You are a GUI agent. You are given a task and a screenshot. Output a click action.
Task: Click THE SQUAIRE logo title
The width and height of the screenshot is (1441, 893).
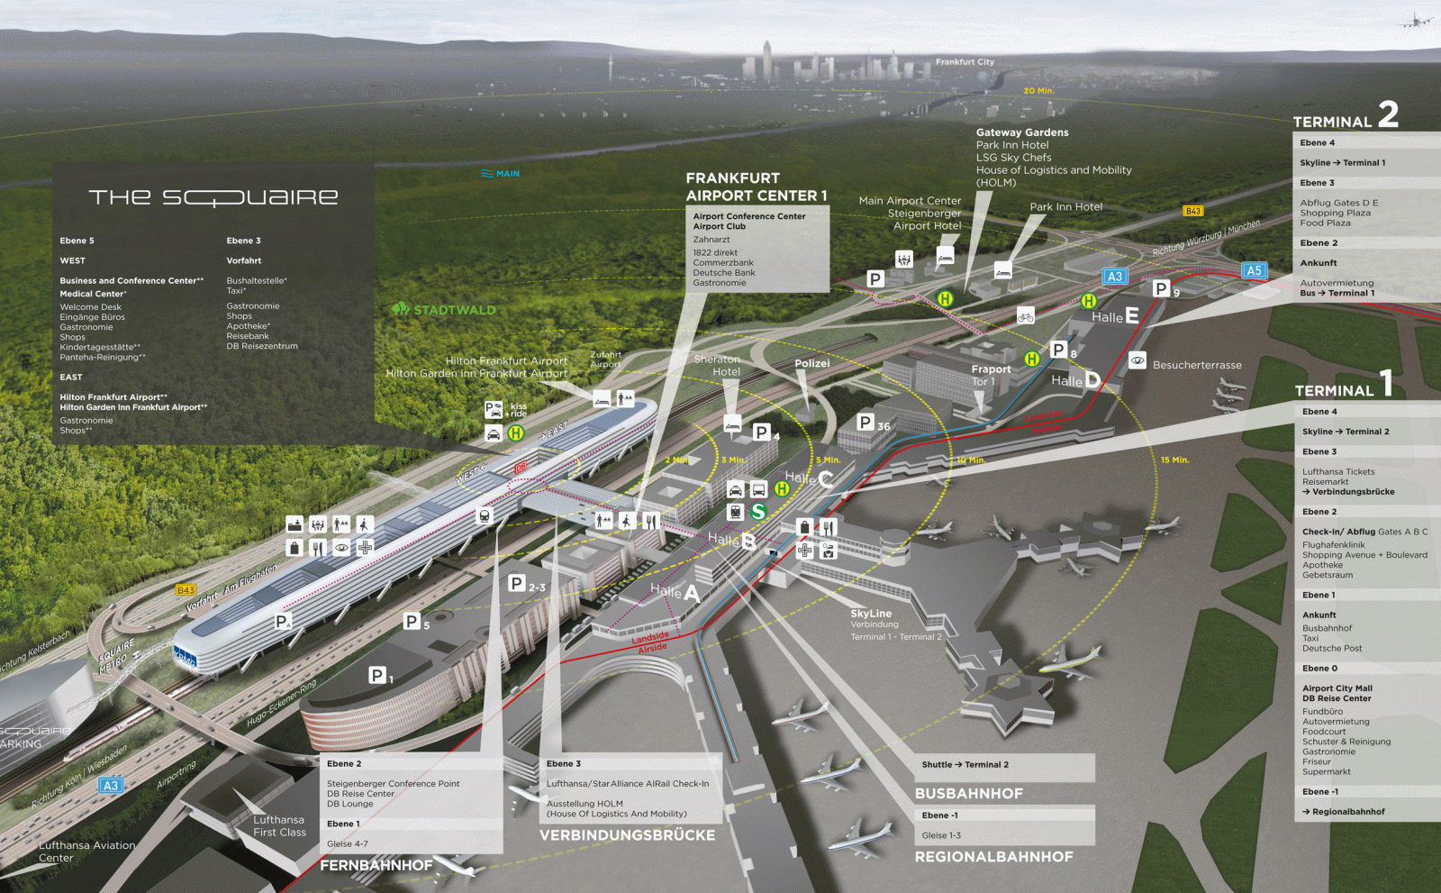[213, 197]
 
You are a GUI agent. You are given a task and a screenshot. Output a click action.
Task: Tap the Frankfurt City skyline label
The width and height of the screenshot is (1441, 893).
[965, 62]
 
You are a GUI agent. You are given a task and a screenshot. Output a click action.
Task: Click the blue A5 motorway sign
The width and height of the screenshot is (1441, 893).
[1254, 270]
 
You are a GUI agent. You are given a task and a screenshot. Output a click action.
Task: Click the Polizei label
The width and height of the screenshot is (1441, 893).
[812, 363]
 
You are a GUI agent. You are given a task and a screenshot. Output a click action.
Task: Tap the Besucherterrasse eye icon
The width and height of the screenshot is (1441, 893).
[1137, 360]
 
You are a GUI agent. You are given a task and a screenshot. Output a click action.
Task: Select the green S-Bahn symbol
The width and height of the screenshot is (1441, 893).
[758, 512]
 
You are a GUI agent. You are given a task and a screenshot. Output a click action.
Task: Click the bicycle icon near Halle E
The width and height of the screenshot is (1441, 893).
[1025, 315]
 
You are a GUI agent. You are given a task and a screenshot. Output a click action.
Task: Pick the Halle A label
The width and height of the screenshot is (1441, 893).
[674, 592]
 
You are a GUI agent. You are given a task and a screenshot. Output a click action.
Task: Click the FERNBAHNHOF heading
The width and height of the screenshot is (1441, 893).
[376, 865]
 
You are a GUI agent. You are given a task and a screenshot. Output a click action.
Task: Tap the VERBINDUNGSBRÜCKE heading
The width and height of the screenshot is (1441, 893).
[627, 835]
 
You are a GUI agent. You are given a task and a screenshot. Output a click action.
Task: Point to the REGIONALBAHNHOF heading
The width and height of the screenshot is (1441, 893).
[993, 857]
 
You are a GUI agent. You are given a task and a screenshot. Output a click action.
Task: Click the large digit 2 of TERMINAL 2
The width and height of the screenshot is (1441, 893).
[1388, 114]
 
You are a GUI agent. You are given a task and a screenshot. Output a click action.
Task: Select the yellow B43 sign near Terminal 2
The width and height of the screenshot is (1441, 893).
[1193, 211]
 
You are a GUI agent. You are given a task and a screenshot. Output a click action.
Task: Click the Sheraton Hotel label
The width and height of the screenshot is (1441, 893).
[718, 365]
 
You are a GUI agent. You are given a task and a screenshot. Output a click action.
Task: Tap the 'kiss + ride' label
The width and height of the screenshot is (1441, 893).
[518, 410]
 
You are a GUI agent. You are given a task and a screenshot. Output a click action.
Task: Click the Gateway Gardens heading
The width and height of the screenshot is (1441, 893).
[1022, 132]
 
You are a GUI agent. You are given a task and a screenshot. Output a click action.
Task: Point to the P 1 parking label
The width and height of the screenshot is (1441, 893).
[380, 675]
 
